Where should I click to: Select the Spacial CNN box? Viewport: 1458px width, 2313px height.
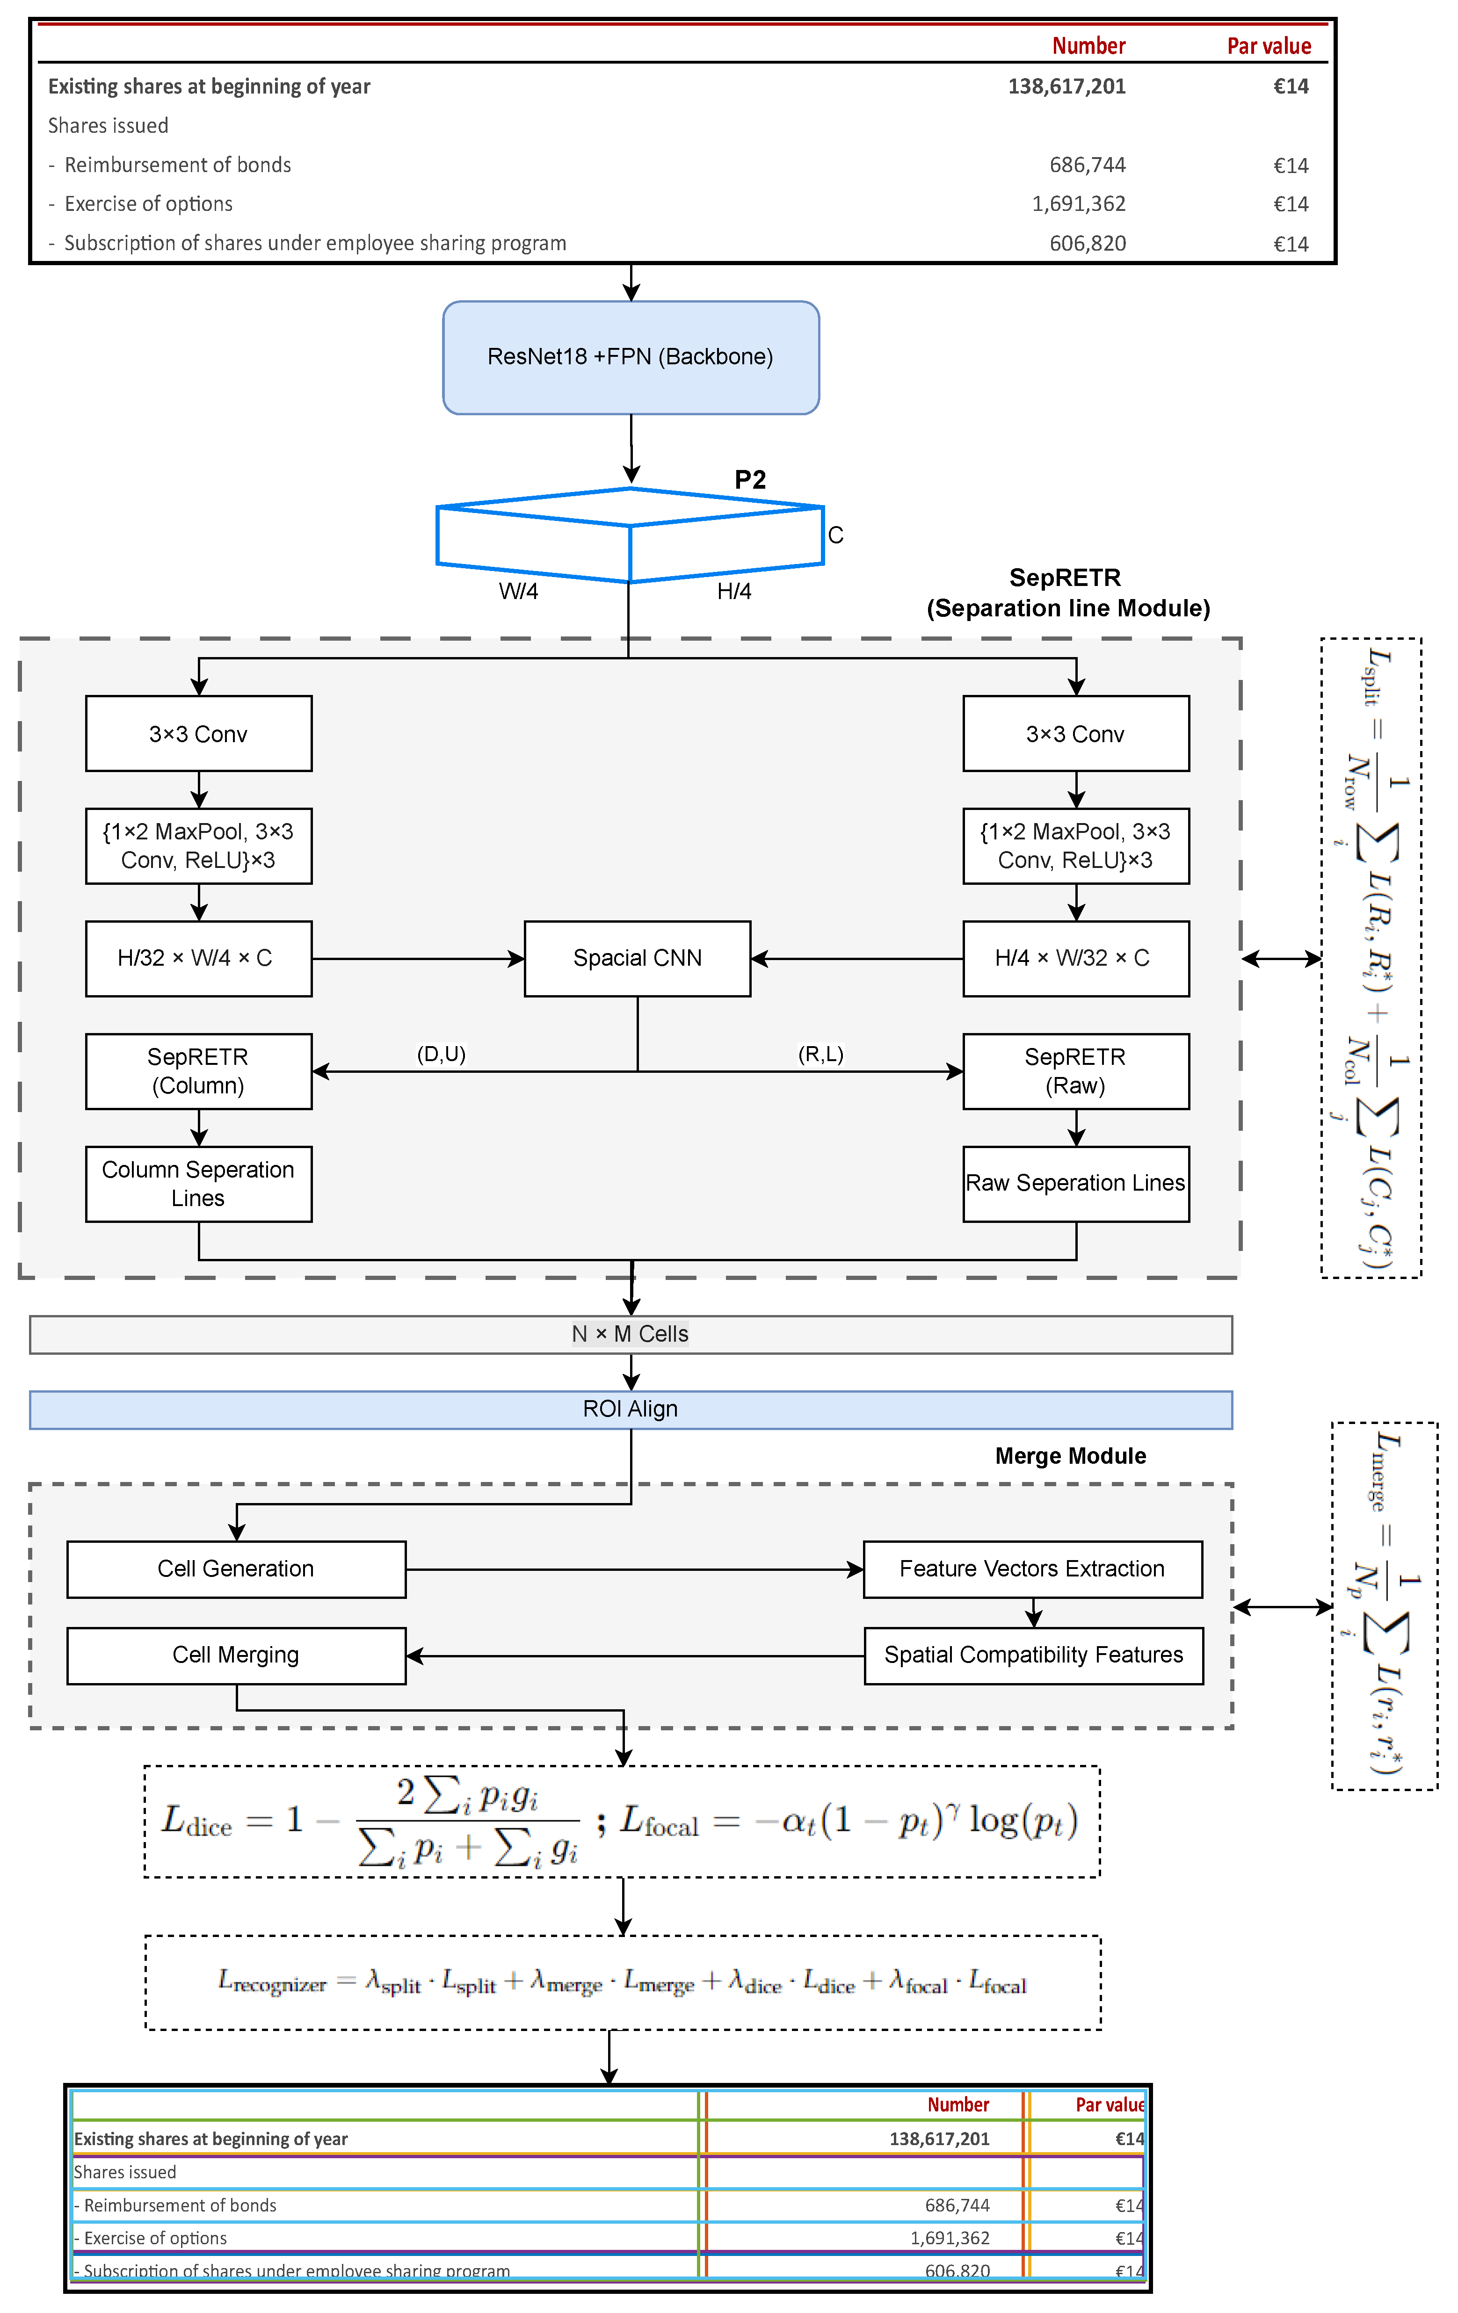(x=637, y=959)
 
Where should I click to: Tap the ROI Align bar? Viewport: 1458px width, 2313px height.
(x=630, y=1409)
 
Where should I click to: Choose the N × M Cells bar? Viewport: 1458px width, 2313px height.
(x=630, y=1334)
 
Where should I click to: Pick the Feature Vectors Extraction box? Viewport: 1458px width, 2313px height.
(x=1032, y=1569)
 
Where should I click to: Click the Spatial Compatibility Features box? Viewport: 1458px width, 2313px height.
(x=1033, y=1655)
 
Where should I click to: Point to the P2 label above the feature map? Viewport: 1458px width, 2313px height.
(x=750, y=479)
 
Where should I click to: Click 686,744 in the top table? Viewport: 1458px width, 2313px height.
(x=1087, y=165)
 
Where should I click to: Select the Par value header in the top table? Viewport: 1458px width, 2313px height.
(x=1269, y=46)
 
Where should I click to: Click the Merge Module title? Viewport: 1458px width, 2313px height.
(x=1070, y=1456)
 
